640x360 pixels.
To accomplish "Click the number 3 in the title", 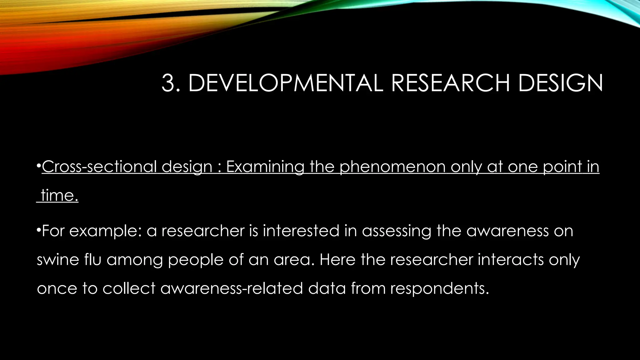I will pyautogui.click(x=169, y=83).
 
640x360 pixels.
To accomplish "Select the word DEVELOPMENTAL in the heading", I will pyautogui.click(x=285, y=83).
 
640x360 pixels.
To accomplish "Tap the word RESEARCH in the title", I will pyautogui.click(x=450, y=83).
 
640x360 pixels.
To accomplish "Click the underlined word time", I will pyautogui.click(x=59, y=196).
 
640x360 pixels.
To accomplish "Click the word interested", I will pyautogui.click(x=301, y=231).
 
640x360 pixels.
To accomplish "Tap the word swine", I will pyautogui.click(x=57, y=260).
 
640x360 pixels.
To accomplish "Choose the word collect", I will pyautogui.click(x=129, y=288).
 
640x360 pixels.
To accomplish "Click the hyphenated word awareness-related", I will pyautogui.click(x=232, y=288).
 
